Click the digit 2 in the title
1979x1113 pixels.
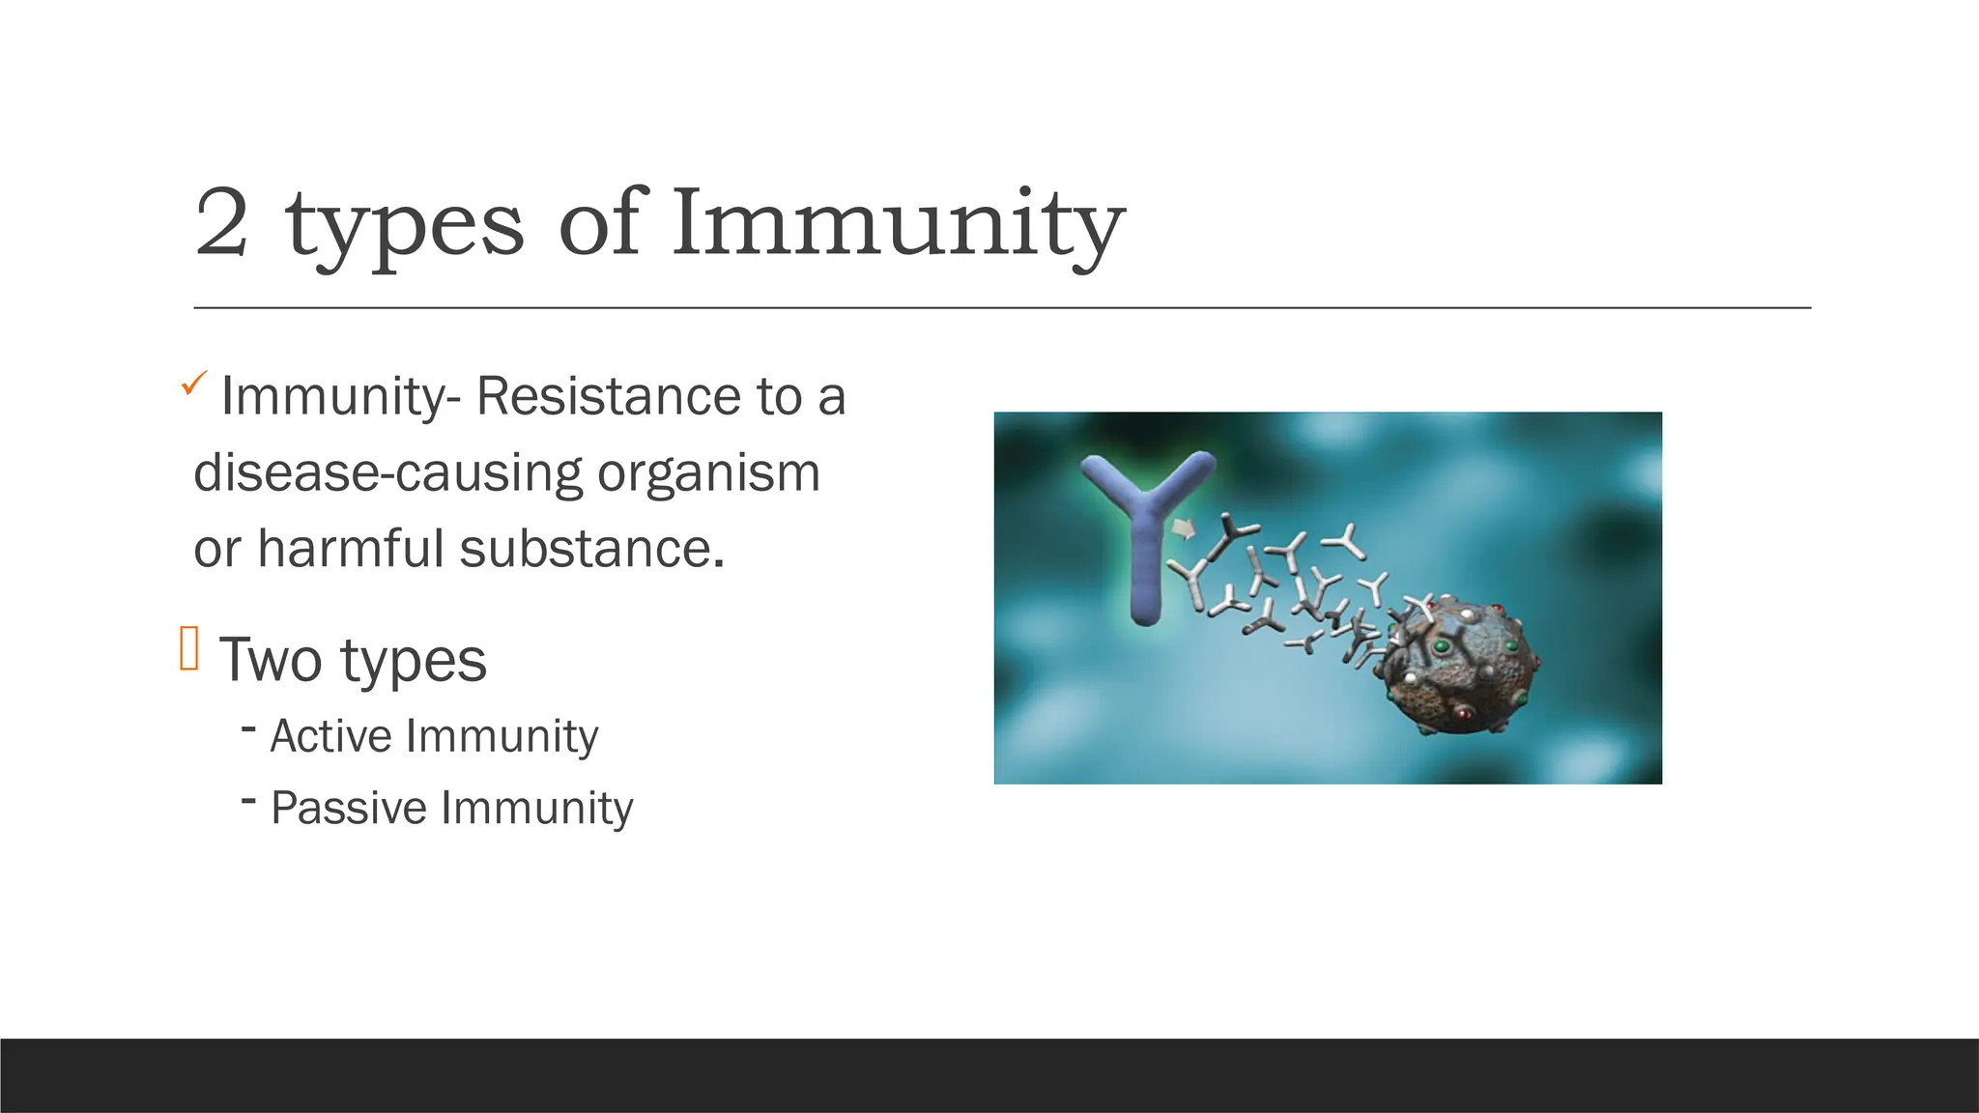[x=221, y=224]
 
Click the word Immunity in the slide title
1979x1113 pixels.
[x=897, y=224]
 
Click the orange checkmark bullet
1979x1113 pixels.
[x=193, y=385]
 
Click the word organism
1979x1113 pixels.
[x=708, y=473]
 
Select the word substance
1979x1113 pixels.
[x=591, y=549]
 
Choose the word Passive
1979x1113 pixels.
[x=348, y=808]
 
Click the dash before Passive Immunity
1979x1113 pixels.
[x=249, y=800]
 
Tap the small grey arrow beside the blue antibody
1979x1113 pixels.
[x=1183, y=528]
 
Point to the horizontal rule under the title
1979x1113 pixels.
[x=1001, y=308]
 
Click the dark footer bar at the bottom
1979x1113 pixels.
[x=989, y=1075]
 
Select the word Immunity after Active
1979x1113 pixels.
[x=502, y=736]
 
